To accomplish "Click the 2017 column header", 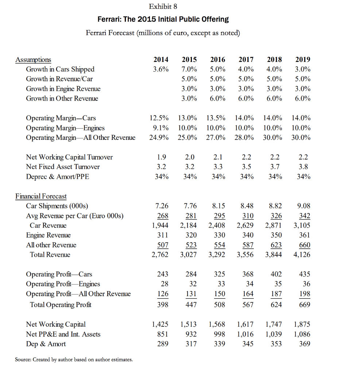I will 246,59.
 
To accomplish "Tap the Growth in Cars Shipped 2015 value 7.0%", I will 189,69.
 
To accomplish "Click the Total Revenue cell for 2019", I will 302,255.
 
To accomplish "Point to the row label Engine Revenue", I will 48,235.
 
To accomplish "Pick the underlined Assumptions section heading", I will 33,60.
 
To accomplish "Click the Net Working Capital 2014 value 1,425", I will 160,325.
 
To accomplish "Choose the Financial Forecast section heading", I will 41,196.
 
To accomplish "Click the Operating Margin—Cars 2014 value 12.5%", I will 159,118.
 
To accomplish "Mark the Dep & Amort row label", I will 46,344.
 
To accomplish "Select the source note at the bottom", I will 74,360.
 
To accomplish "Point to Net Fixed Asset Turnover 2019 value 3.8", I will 303,167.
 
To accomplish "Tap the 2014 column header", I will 161,59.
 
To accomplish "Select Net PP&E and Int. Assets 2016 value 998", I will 218,334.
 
